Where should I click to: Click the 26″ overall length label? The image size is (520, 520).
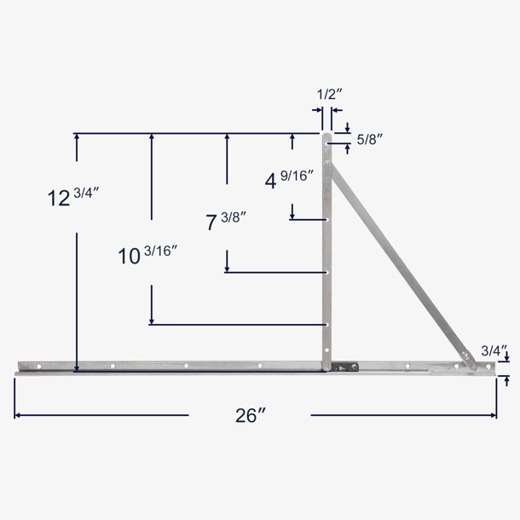coord(250,415)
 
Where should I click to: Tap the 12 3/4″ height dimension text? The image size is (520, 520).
coord(74,198)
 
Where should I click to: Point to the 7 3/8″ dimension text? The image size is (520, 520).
coord(227,222)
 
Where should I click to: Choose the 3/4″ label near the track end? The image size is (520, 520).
coord(494,350)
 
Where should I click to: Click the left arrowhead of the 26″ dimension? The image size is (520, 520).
coord(17,415)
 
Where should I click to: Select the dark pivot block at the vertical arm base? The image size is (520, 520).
coord(343,367)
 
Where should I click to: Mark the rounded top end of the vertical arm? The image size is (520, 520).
coord(326,136)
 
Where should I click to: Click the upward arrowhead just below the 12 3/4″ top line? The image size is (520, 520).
coord(78,138)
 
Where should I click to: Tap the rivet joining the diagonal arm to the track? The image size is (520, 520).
coord(465,357)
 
